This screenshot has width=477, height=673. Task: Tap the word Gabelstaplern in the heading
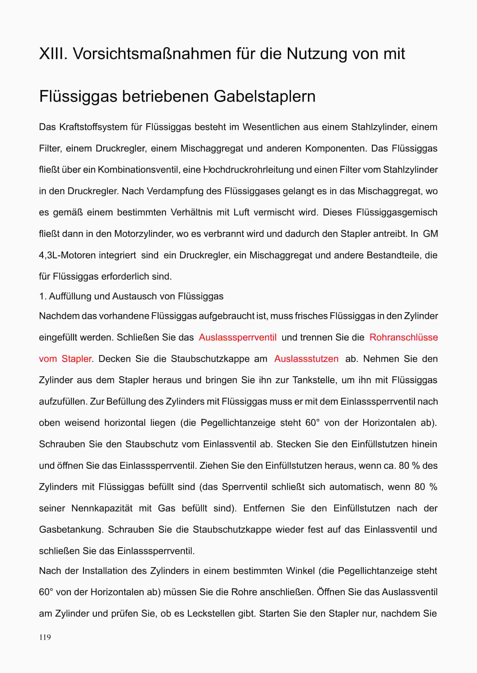click(264, 96)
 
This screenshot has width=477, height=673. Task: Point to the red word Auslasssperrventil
click(238, 337)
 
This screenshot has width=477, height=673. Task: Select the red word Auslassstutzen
click(306, 359)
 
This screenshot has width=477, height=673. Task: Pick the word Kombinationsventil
click(139, 170)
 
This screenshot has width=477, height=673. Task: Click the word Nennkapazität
click(102, 508)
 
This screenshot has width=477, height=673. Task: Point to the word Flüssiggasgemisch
click(397, 212)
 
